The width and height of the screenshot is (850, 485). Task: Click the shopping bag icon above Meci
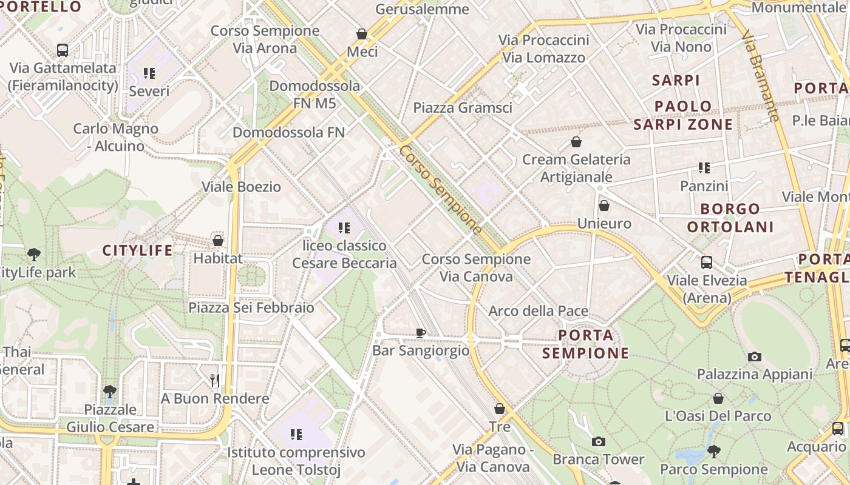362,34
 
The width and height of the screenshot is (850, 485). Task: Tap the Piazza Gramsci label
463,108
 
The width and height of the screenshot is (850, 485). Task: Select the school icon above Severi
149,73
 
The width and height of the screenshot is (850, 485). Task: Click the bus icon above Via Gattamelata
63,50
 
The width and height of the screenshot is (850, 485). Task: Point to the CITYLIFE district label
137,250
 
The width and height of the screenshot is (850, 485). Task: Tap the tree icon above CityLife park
34,255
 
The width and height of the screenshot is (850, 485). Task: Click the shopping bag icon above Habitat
218,241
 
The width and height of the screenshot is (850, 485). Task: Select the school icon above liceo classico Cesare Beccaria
344,228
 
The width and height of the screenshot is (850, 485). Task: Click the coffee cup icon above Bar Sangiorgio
421,332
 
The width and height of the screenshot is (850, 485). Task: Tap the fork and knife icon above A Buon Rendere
214,380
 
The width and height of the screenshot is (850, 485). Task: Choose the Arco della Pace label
539,312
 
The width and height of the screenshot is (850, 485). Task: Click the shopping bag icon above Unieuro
604,206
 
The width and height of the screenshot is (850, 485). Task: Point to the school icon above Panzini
704,167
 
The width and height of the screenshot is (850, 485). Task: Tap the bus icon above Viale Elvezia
707,263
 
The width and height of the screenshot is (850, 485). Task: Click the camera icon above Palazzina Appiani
755,356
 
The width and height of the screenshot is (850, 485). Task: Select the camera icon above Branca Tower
599,441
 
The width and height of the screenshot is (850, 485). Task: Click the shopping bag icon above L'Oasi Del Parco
718,398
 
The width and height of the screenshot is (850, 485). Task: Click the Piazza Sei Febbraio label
251,308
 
